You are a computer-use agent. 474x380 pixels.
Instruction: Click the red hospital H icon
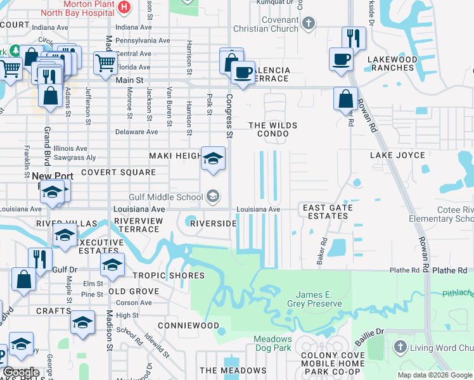tap(124, 8)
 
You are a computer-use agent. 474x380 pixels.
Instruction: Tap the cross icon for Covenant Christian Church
tap(309, 24)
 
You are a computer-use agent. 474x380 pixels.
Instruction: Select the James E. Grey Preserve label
tap(319, 299)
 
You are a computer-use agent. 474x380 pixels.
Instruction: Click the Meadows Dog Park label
tap(273, 343)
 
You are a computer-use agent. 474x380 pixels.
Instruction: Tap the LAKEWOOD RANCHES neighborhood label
tap(392, 65)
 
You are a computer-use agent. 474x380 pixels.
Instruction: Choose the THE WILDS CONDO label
tap(273, 130)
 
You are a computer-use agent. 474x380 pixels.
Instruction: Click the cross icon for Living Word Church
tap(400, 346)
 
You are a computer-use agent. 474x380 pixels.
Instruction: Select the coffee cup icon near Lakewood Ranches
tap(342, 60)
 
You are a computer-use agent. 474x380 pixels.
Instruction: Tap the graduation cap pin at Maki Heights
tap(213, 158)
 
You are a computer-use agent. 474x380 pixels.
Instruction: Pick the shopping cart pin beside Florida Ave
tap(105, 62)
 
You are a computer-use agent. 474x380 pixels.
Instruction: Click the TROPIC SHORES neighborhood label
tap(169, 275)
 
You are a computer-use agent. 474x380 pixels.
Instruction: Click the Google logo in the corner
tap(21, 372)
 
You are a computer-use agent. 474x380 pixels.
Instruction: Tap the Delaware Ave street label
tap(136, 132)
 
